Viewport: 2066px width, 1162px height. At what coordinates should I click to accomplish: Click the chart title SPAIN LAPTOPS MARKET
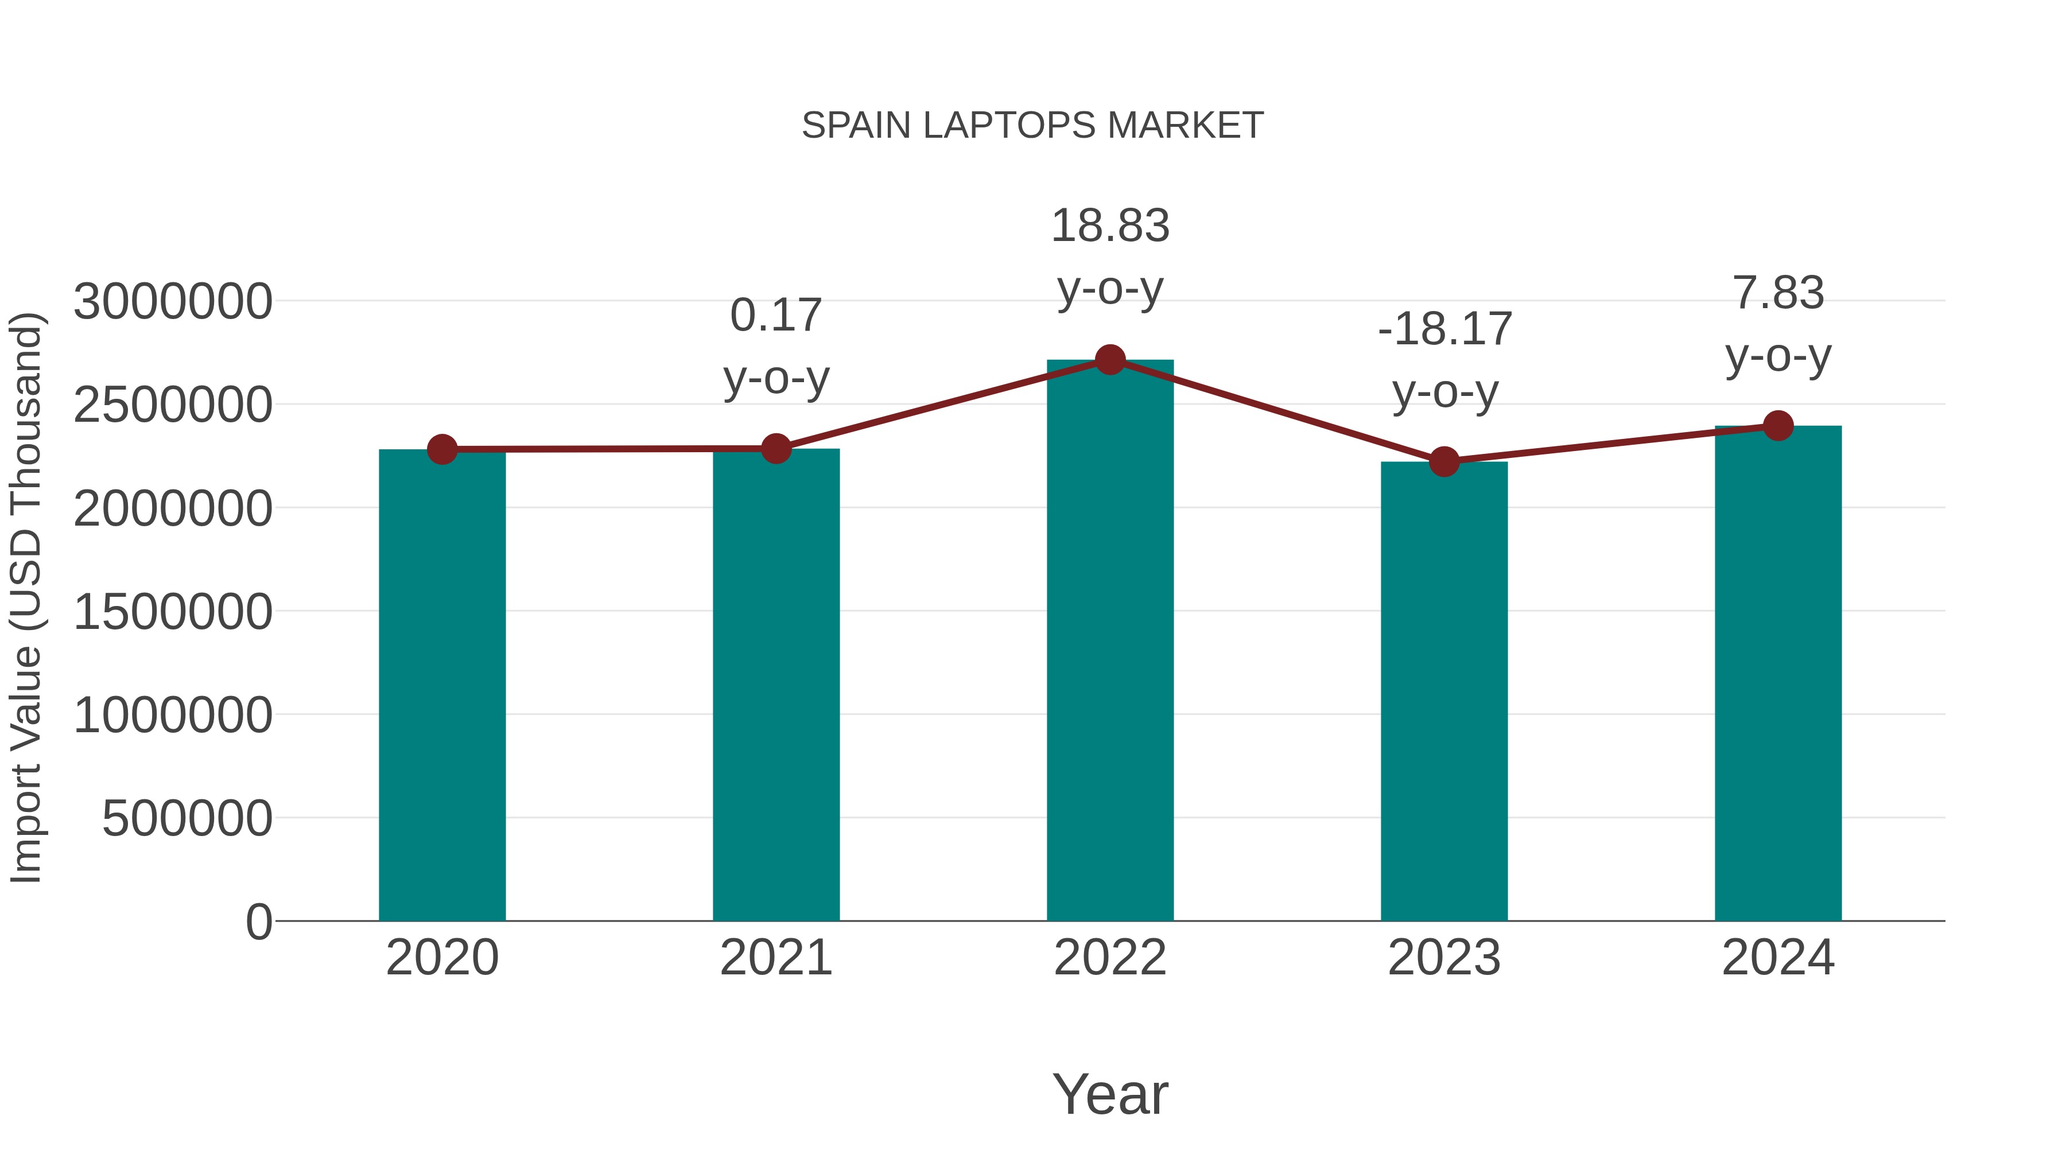tap(1032, 126)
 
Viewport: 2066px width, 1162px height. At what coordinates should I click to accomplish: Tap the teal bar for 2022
tap(1110, 642)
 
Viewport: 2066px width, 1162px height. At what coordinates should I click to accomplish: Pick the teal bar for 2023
tap(1444, 694)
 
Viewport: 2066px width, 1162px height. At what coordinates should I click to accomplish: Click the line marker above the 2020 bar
tap(442, 449)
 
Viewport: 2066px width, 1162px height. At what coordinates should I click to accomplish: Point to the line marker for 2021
tap(775, 448)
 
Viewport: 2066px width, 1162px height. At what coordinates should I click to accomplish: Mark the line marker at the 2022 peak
tap(1110, 360)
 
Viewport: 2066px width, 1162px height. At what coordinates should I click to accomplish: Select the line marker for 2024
tap(1778, 426)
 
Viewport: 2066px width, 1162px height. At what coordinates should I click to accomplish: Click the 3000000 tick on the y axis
tap(172, 302)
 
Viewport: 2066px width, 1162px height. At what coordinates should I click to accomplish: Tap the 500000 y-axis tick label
tap(187, 819)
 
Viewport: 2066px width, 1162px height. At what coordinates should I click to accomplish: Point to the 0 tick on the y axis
tap(258, 922)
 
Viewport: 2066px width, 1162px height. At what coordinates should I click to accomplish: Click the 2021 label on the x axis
tap(775, 958)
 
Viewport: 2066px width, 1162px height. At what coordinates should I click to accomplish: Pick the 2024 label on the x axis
tap(1778, 958)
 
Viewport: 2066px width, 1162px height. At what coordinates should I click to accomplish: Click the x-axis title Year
tap(1110, 1094)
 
